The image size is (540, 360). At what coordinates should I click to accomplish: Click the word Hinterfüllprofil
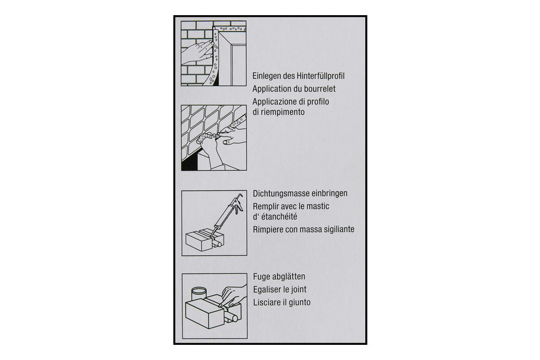[321, 76]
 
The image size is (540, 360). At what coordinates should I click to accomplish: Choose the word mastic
[318, 206]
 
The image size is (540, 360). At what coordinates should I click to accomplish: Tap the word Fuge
[262, 276]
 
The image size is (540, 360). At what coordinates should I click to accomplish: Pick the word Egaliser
[267, 289]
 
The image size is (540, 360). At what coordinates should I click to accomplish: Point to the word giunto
[300, 303]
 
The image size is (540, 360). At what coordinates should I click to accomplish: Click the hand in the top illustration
[197, 52]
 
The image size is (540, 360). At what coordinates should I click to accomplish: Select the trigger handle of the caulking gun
[238, 205]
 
